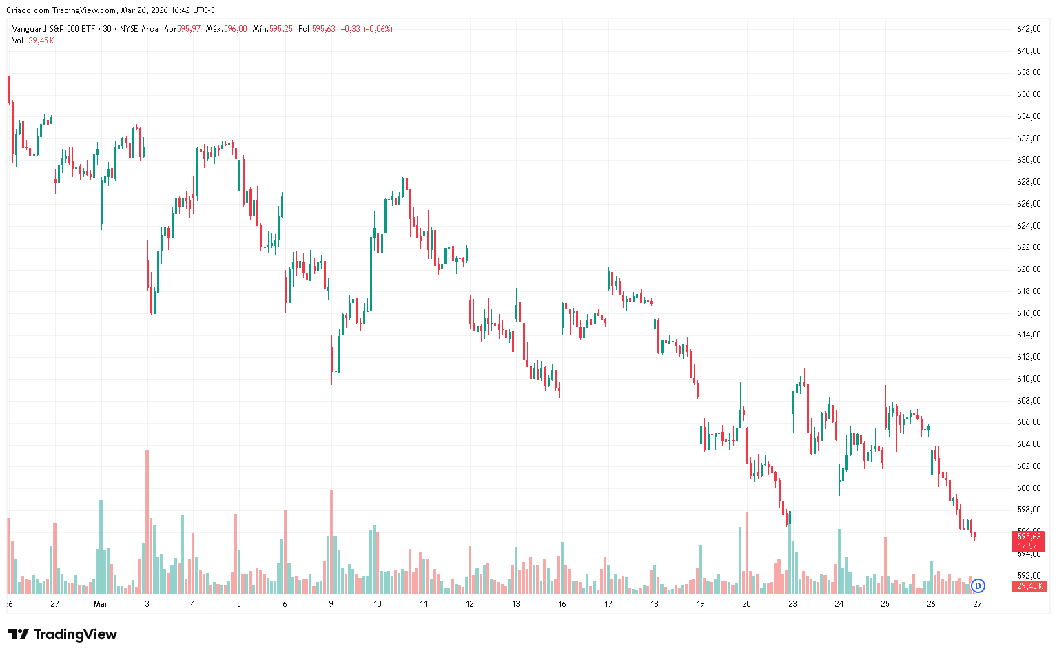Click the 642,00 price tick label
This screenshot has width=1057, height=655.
coord(1028,29)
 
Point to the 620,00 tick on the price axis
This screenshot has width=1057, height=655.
coord(1028,269)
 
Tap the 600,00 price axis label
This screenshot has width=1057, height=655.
coord(1028,488)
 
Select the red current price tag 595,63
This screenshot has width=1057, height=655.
coord(1028,536)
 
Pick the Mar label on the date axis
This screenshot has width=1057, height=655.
coord(101,604)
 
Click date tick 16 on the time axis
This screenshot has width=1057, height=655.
coord(562,604)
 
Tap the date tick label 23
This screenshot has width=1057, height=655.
coord(793,604)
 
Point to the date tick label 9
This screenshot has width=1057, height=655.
coord(331,604)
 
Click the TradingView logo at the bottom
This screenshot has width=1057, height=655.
coord(63,634)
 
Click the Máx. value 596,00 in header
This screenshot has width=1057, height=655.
coord(235,29)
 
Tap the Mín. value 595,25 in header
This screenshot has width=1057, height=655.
coord(281,29)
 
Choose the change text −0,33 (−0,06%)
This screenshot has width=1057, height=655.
coord(367,29)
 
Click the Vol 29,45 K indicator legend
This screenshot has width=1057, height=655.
coord(32,41)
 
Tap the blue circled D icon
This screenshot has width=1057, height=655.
coord(978,586)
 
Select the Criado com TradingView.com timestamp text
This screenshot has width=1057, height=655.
coord(110,10)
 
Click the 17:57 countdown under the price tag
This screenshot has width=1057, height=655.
coord(1028,546)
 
